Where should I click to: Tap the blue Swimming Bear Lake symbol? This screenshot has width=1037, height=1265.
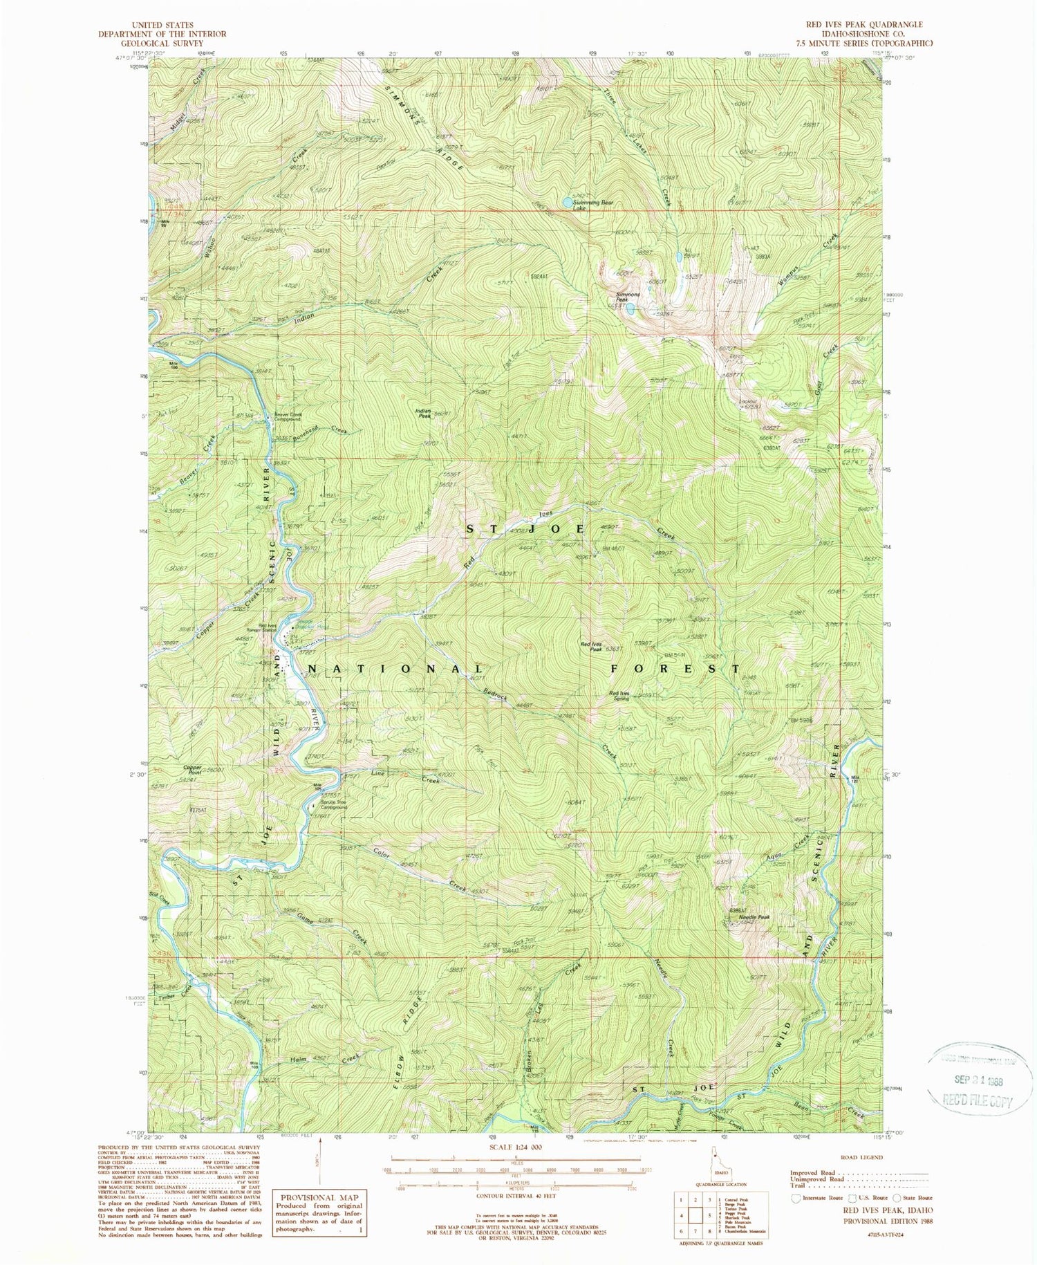pos(567,203)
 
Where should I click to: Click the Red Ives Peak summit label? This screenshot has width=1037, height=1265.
pos(592,646)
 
